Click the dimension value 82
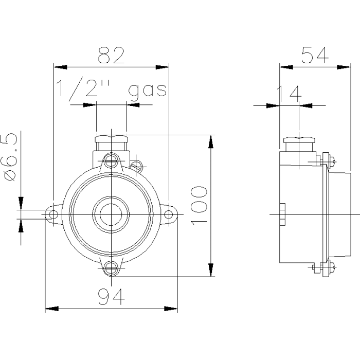tap(112, 55)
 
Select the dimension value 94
tap(112, 296)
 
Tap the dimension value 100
tap(199, 206)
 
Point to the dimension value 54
tap(315, 55)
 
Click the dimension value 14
tap(289, 94)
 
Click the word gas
tap(147, 90)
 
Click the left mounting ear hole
tap(53, 214)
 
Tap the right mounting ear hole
tap(169, 214)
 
